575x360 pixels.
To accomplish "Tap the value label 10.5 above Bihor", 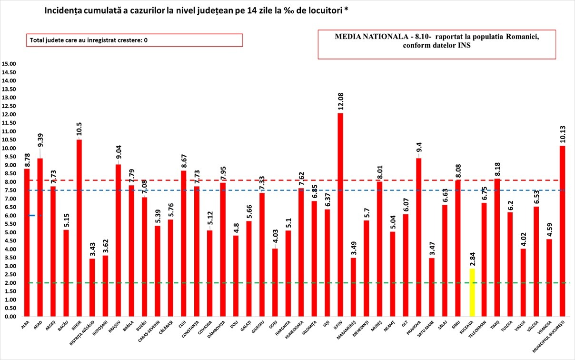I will [x=79, y=129].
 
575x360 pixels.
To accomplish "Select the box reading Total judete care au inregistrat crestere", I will [x=134, y=40].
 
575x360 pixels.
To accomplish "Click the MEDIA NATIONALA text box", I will [x=436, y=45].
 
